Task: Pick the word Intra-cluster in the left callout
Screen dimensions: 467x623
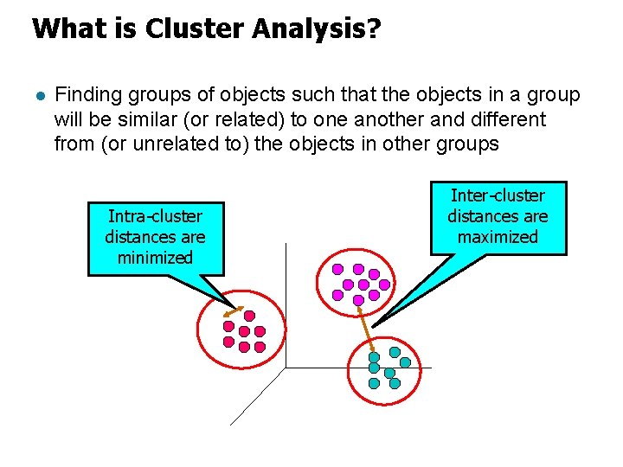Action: (155, 216)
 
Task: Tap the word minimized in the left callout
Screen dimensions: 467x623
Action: (155, 258)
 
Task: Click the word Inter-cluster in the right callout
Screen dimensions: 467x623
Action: (498, 195)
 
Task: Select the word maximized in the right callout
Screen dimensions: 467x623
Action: (498, 237)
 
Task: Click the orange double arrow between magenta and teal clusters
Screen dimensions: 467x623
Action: (366, 328)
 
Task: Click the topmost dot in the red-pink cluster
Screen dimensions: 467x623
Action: (249, 316)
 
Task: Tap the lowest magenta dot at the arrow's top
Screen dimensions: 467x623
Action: (358, 300)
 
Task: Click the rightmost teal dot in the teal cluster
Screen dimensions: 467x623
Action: (405, 362)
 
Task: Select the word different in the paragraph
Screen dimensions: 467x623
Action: (503, 119)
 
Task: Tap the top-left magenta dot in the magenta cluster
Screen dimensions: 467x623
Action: (337, 269)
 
